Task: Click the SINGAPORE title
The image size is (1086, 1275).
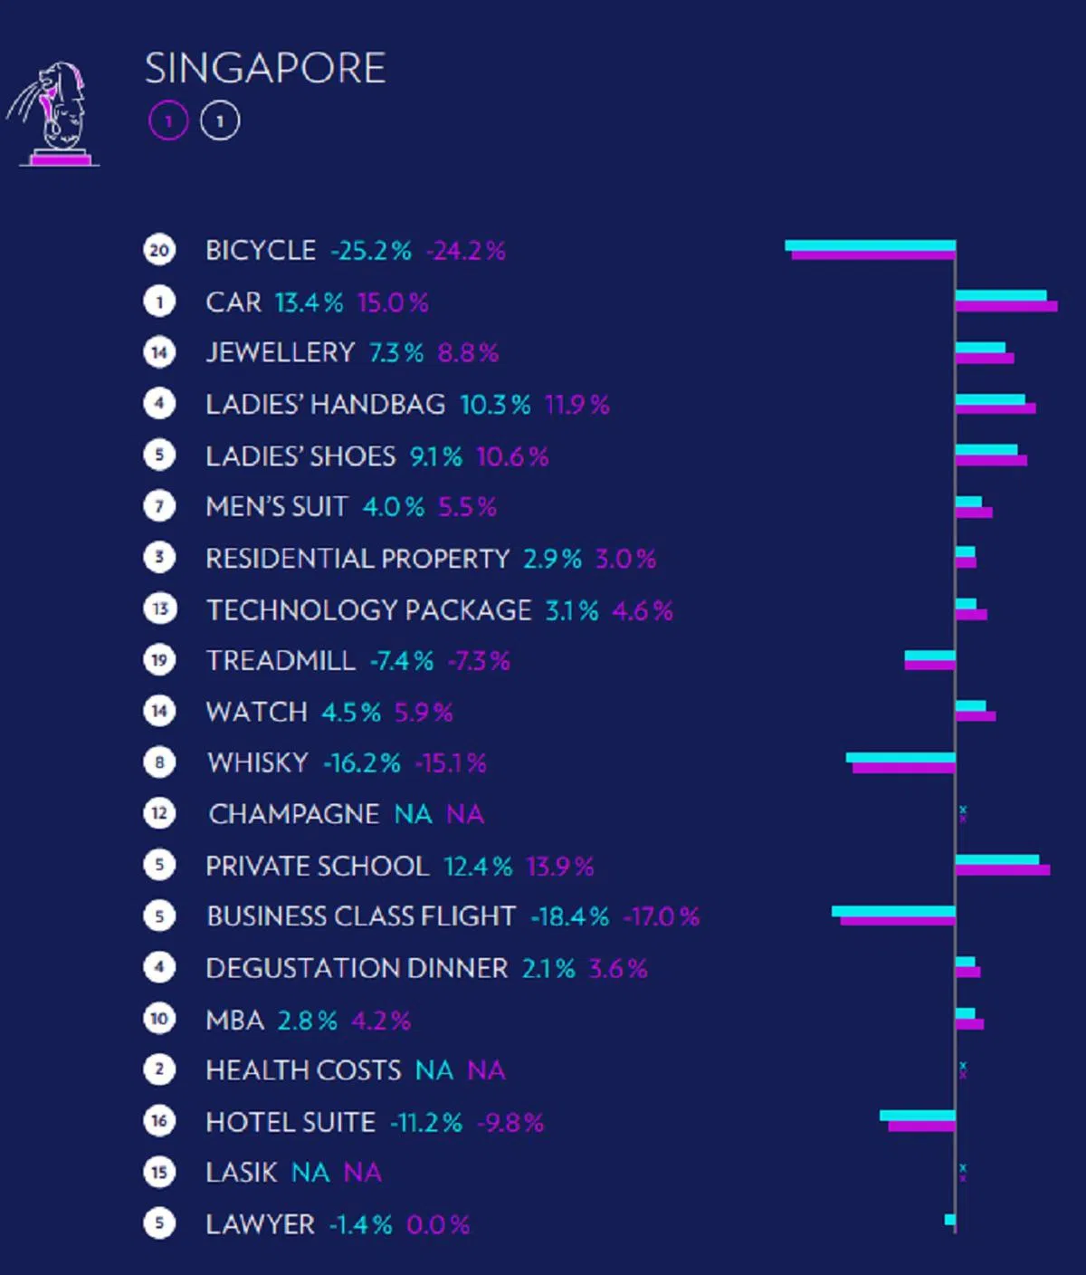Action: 265,69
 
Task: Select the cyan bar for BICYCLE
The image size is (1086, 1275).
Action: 870,245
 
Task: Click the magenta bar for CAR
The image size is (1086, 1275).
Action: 1006,307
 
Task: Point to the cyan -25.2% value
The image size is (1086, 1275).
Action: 371,251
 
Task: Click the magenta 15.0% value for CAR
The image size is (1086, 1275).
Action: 393,302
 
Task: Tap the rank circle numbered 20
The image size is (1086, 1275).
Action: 159,250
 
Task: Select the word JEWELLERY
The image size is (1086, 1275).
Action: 281,352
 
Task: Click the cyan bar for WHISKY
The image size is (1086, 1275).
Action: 900,758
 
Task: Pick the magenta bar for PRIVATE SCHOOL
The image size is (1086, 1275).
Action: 1003,870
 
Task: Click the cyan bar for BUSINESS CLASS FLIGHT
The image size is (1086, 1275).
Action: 893,911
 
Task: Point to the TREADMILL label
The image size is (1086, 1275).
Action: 281,661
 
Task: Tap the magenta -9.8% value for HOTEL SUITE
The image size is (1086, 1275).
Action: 510,1123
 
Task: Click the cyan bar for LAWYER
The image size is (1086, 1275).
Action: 949,1220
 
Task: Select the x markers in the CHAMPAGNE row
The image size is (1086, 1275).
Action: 963,813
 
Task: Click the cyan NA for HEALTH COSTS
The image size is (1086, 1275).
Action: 434,1071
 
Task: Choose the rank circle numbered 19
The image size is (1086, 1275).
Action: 159,660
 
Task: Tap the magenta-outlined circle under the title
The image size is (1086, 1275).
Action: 168,120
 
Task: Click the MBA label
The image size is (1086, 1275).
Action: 235,1021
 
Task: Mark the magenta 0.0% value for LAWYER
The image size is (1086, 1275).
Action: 438,1225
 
